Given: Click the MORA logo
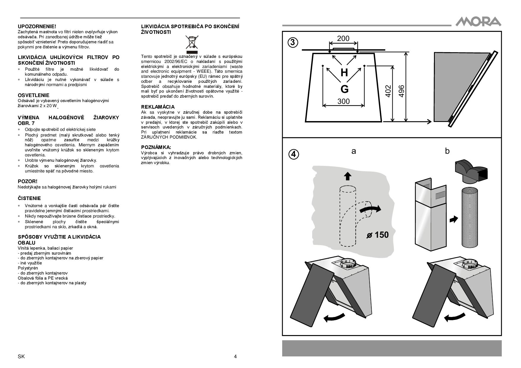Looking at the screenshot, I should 478,22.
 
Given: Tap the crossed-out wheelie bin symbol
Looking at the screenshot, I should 192,43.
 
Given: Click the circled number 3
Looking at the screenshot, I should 293,42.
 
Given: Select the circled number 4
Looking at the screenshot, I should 293,154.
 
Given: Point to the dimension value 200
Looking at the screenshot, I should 343,39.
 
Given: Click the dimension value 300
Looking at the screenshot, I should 343,101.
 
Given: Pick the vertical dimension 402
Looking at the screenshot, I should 388,91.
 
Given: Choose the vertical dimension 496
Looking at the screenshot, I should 401,91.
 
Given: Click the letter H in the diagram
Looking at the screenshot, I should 344,72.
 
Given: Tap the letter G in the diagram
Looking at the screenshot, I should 344,89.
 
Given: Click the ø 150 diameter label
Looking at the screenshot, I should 377,235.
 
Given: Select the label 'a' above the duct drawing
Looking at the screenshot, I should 353,151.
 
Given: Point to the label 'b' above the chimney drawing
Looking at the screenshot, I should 447,151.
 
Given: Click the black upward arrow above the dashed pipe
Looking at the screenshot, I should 347,176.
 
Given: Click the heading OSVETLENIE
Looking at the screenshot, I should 34,95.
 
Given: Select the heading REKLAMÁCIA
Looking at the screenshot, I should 158,107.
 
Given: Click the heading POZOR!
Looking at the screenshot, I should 28,181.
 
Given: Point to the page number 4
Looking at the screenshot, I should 235,356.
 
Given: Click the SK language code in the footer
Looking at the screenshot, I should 21,356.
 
